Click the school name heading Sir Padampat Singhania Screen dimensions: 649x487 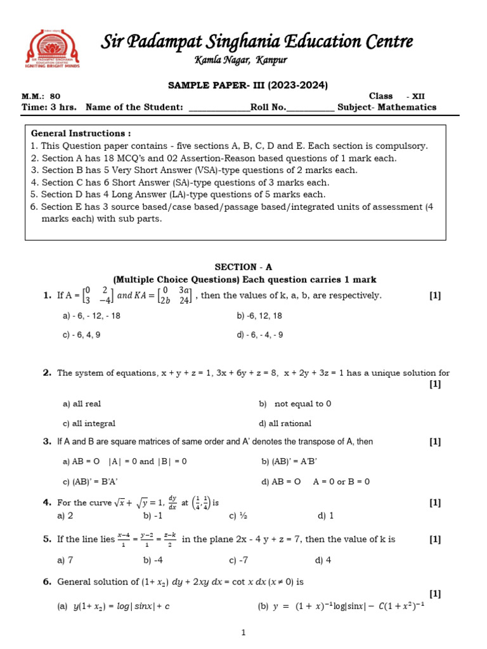click(x=257, y=42)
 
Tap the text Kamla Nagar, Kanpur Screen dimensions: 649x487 click(x=240, y=60)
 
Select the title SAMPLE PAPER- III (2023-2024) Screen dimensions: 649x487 click(x=247, y=85)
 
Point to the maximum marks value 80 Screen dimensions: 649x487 click(x=56, y=96)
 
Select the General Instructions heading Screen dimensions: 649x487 click(x=81, y=134)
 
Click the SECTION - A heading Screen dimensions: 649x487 click(x=243, y=267)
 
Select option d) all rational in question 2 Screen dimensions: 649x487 click(x=285, y=423)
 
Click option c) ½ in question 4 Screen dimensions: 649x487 click(x=237, y=516)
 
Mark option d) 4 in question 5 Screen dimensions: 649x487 click(x=323, y=560)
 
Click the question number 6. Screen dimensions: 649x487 click(x=47, y=581)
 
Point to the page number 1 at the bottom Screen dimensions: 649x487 click(x=243, y=633)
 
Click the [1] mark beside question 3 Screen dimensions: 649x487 click(x=434, y=442)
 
